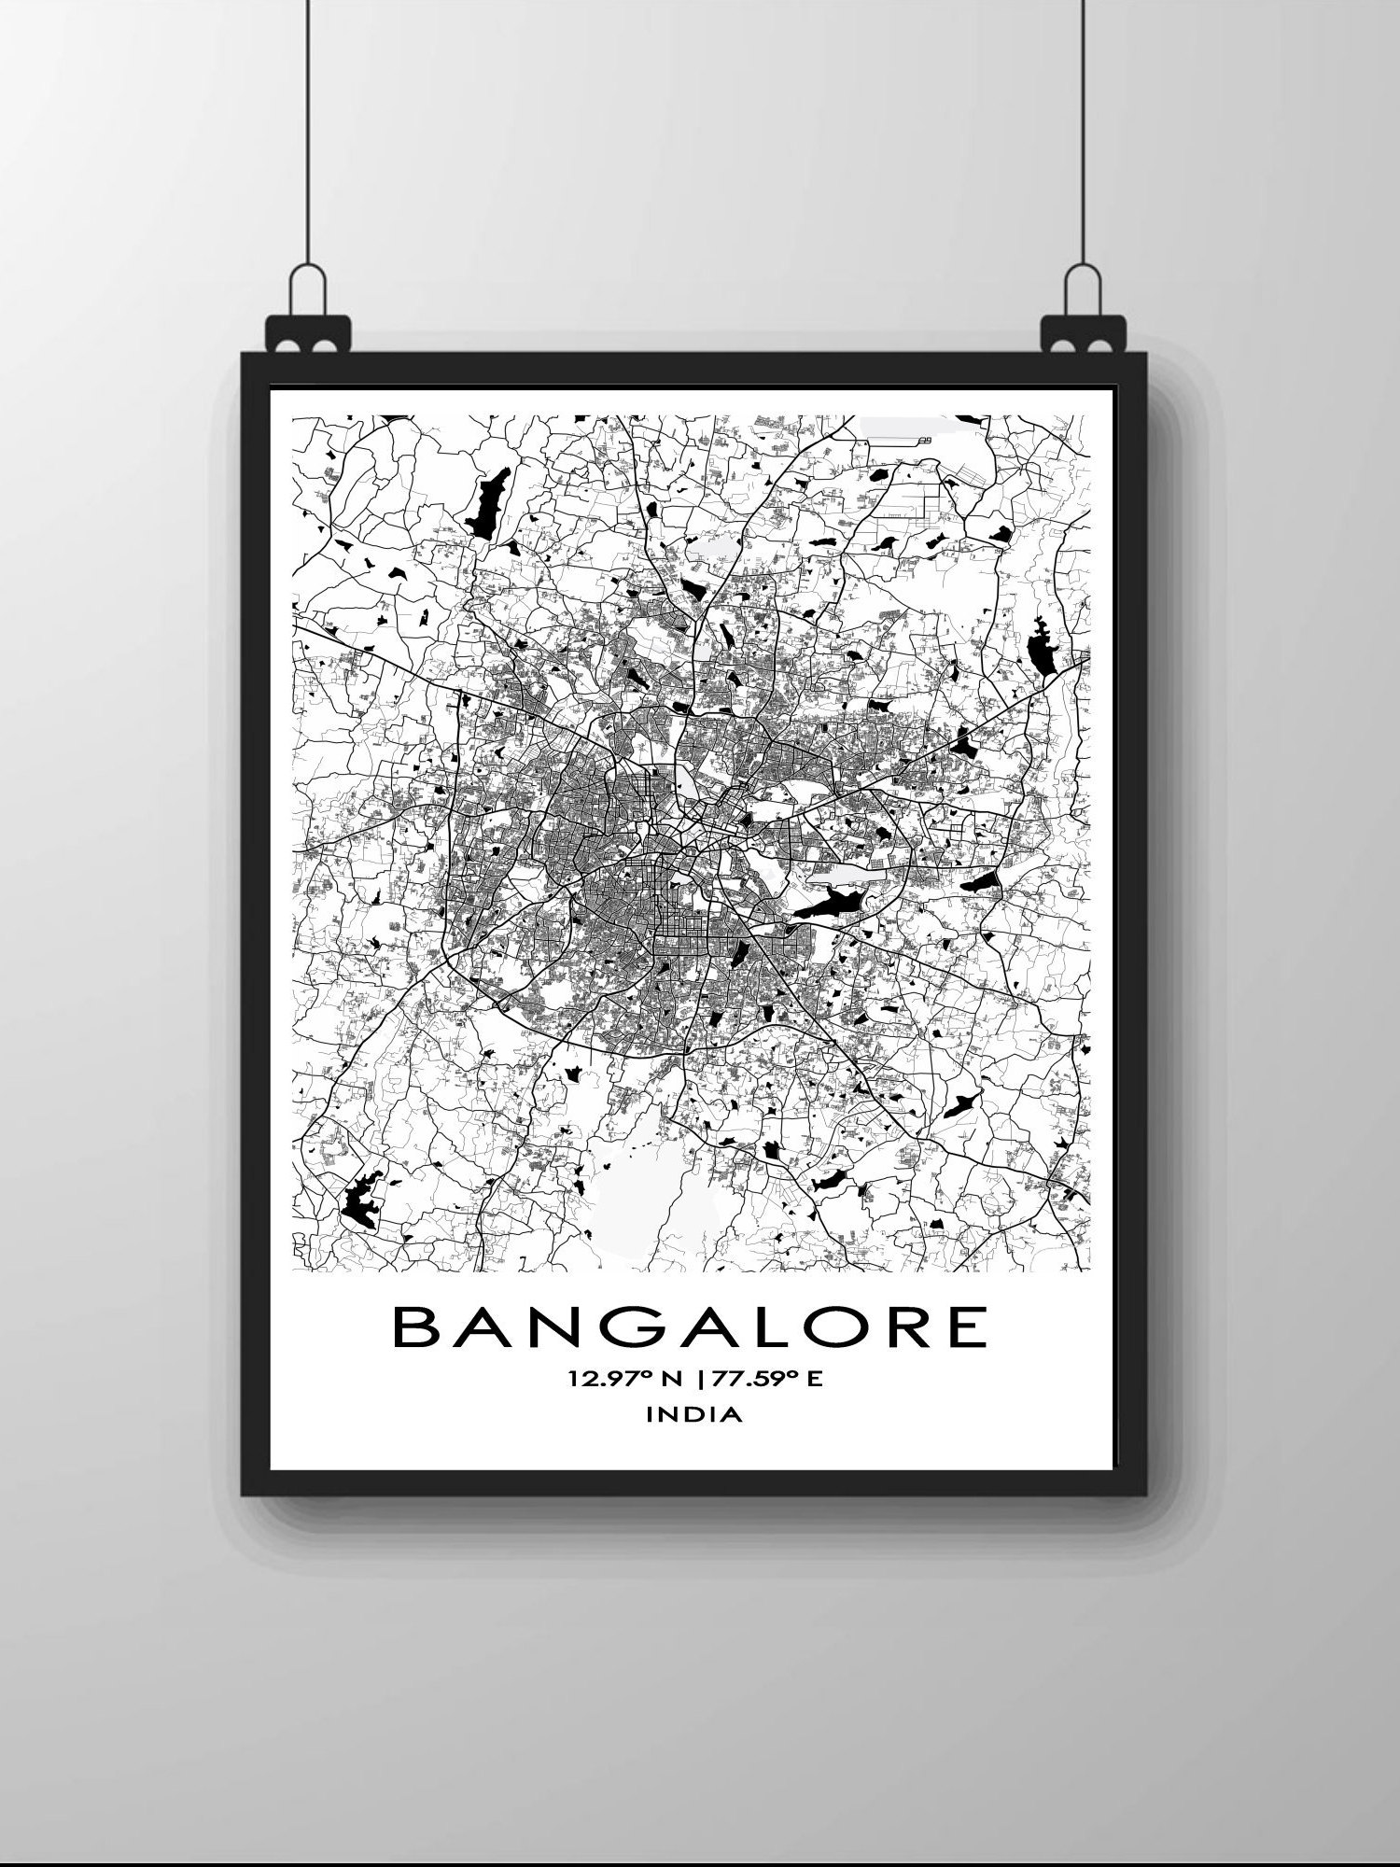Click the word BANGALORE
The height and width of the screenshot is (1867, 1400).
pyautogui.click(x=690, y=1327)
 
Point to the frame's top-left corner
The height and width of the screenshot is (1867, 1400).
pyautogui.click(x=245, y=356)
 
